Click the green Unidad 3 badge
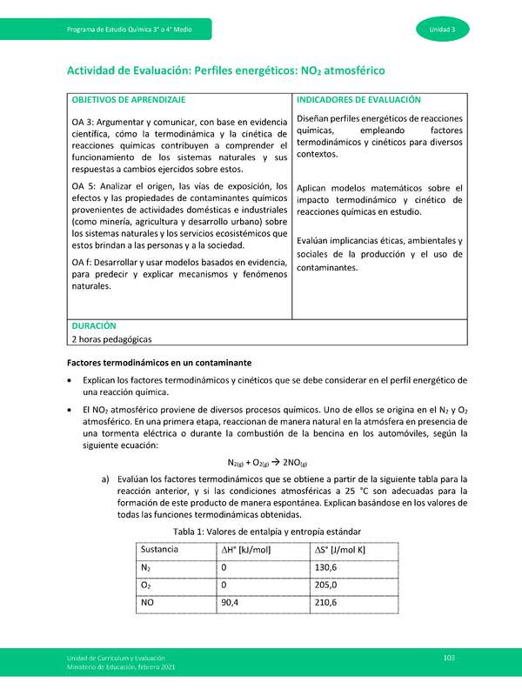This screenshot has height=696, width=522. pyautogui.click(x=449, y=30)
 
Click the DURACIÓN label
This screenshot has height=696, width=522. pyautogui.click(x=94, y=324)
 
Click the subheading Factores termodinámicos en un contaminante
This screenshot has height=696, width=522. pyautogui.click(x=160, y=360)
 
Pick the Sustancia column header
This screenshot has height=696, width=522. pyautogui.click(x=160, y=550)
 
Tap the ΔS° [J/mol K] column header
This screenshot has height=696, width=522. pyautogui.click(x=340, y=550)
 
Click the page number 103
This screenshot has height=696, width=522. pyautogui.click(x=449, y=658)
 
